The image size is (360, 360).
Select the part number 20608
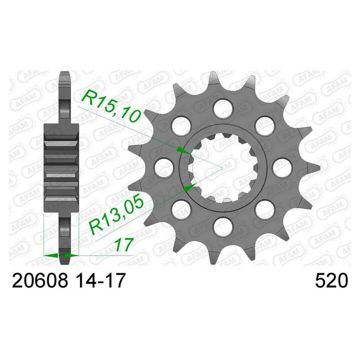[x=40, y=280]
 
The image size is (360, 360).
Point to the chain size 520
[x=332, y=280]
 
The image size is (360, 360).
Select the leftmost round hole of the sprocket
[x=164, y=167]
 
